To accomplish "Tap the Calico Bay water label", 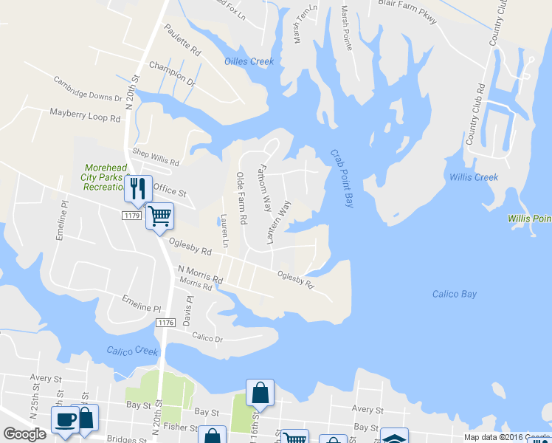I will click(x=454, y=295).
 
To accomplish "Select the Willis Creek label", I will click(x=473, y=177).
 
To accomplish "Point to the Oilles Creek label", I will click(x=248, y=61).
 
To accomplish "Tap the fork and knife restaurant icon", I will click(x=137, y=188).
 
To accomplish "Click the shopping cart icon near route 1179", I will click(x=159, y=216).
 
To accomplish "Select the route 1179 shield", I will click(x=132, y=215).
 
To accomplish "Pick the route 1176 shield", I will click(x=165, y=323).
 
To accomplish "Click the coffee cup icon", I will click(x=65, y=419).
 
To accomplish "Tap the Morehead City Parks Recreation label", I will click(x=108, y=177).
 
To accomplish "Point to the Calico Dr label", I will click(x=207, y=337).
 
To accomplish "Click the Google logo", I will click(x=24, y=434).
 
